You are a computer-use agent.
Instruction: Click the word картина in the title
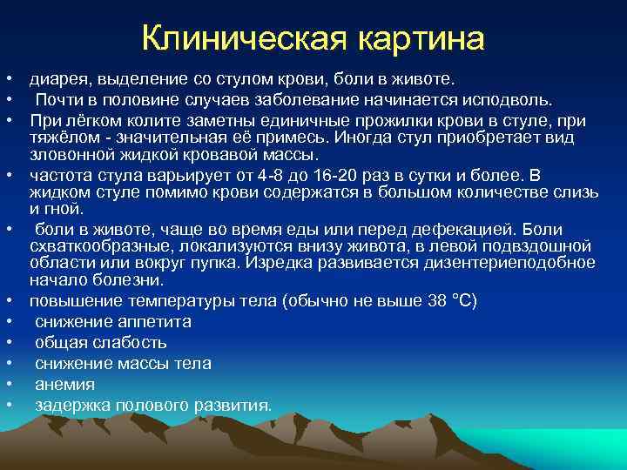click(419, 37)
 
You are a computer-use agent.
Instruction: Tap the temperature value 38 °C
click(453, 301)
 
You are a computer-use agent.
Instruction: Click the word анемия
click(65, 384)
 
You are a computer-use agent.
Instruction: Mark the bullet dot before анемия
click(7, 384)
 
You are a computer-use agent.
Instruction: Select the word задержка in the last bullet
click(72, 405)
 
